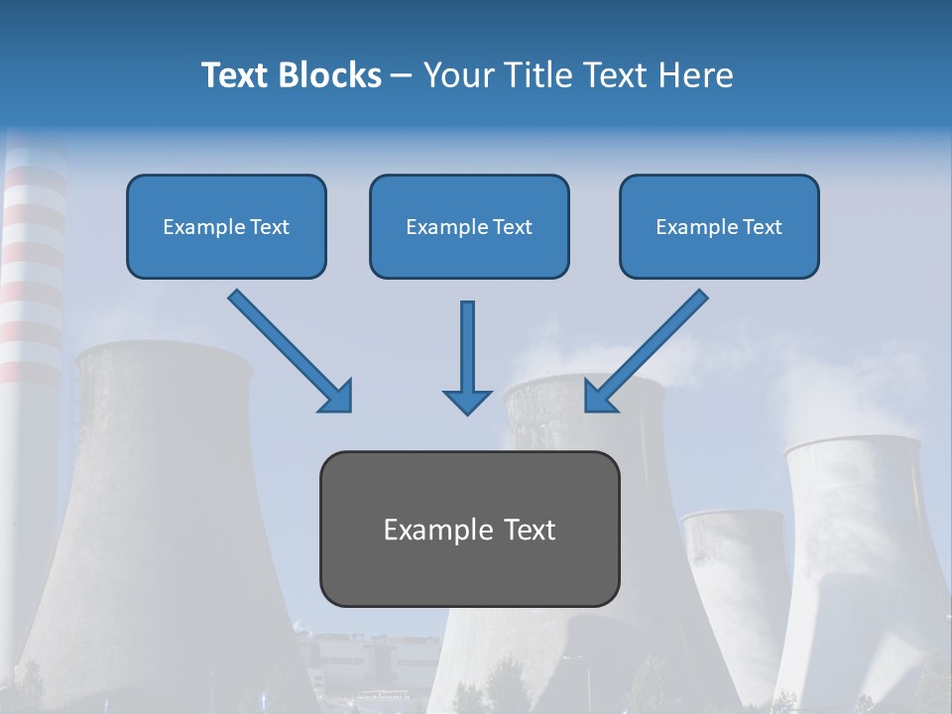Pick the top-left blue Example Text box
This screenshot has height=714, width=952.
[x=226, y=227]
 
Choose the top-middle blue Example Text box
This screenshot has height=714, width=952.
[x=469, y=227]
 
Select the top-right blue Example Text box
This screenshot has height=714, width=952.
[x=719, y=227]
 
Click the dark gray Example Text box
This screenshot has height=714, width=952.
[x=469, y=530]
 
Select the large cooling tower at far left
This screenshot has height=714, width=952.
[x=159, y=516]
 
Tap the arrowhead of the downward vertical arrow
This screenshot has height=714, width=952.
[x=467, y=401]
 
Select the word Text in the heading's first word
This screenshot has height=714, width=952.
[x=235, y=75]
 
